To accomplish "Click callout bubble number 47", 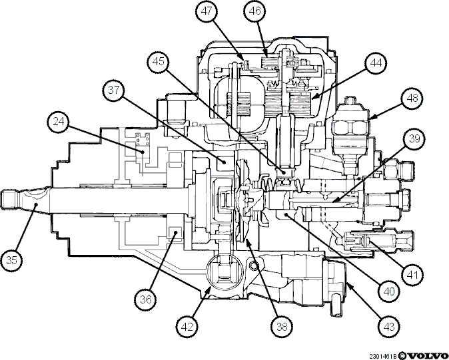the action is click(207, 11).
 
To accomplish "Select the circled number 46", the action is click(255, 11).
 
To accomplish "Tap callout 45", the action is click(159, 61).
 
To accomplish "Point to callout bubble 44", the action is click(376, 63).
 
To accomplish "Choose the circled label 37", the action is click(114, 90).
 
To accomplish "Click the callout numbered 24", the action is click(59, 122).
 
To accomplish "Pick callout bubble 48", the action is click(412, 98).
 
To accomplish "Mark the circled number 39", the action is click(414, 138).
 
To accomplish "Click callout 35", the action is click(11, 260).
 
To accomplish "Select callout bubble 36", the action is click(146, 299).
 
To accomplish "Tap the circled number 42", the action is click(188, 327).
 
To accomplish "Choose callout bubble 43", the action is click(389, 327).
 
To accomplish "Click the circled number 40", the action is click(390, 291).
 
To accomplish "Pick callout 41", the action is click(412, 275).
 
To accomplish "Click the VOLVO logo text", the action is click(428, 356).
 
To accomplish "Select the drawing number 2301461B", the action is click(383, 357).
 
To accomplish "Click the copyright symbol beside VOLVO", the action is click(402, 356).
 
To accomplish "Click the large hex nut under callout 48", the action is click(350, 127).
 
